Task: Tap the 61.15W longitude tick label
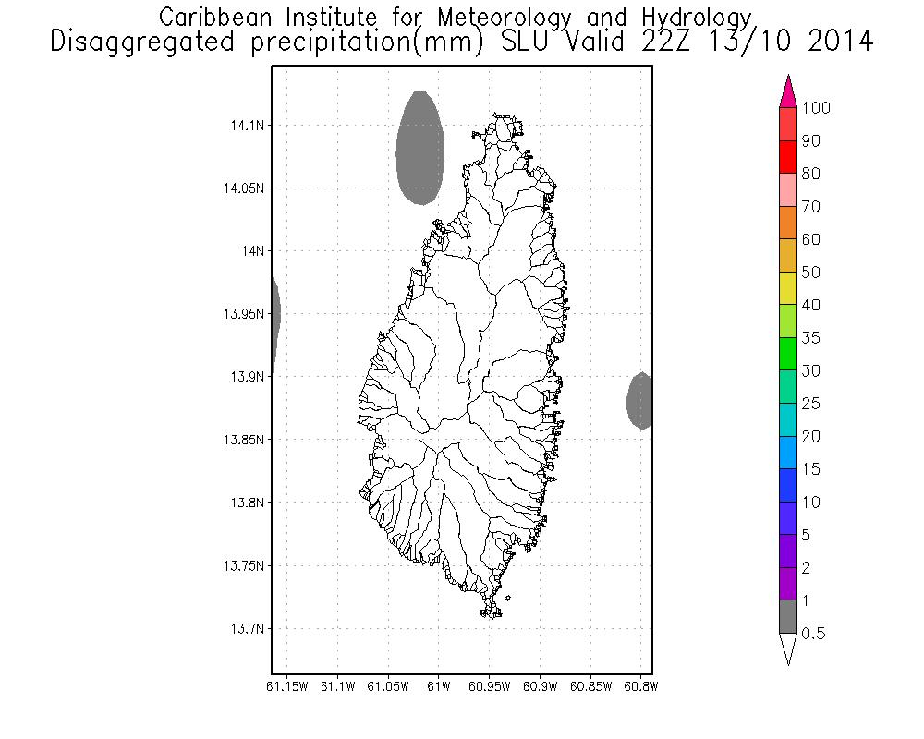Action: (x=286, y=686)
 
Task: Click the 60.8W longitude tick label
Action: (x=639, y=686)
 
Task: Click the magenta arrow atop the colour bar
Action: (x=788, y=92)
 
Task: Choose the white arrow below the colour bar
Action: (x=788, y=648)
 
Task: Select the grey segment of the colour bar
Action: (x=788, y=616)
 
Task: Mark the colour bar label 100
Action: (x=817, y=108)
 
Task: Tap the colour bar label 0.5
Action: (x=814, y=634)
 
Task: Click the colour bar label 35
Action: (x=810, y=338)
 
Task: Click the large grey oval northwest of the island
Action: (x=419, y=148)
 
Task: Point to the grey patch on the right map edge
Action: (x=640, y=401)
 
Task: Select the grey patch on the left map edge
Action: (x=275, y=314)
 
